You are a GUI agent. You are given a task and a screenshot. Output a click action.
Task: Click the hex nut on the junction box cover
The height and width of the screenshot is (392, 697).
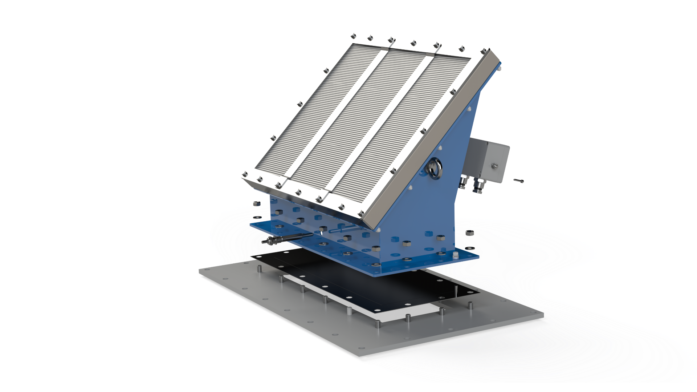[x=494, y=166]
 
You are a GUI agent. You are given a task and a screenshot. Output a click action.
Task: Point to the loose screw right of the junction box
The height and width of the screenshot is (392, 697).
[x=519, y=180]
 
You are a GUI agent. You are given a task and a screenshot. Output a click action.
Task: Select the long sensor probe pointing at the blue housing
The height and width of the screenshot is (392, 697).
[x=287, y=239]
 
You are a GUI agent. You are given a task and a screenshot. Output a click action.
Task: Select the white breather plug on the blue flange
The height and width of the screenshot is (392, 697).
[x=456, y=256]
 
